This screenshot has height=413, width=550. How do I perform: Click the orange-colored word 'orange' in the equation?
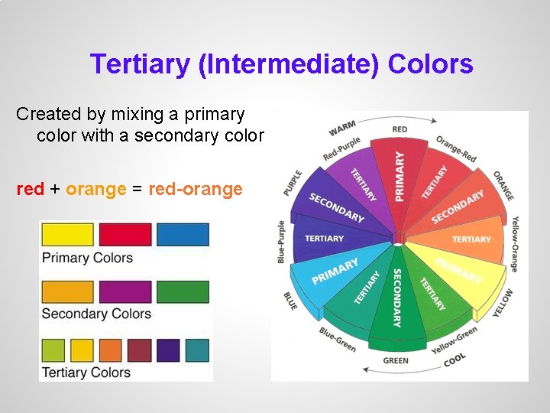pyautogui.click(x=95, y=189)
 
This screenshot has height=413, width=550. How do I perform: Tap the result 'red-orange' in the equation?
pyautogui.click(x=196, y=189)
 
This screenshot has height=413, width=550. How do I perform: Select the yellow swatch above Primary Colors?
pyautogui.click(x=67, y=235)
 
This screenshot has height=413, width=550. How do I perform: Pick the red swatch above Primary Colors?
pyautogui.click(x=125, y=235)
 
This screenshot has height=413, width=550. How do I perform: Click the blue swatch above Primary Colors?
pyautogui.click(x=183, y=235)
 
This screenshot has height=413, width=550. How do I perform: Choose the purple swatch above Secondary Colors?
pyautogui.click(x=125, y=292)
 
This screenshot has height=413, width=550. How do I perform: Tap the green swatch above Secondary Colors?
pyautogui.click(x=183, y=292)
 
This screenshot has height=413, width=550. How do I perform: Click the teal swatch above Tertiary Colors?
pyautogui.click(x=197, y=350)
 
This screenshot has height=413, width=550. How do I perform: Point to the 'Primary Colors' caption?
pyautogui.click(x=87, y=258)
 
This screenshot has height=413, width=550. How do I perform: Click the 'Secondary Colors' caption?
pyautogui.click(x=96, y=314)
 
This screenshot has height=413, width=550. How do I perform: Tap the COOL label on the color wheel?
pyautogui.click(x=455, y=359)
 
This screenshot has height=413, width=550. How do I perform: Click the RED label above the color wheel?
pyautogui.click(x=400, y=129)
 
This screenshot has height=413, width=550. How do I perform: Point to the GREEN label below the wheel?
pyautogui.click(x=396, y=360)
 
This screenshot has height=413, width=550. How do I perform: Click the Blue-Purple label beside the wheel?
pyautogui.click(x=282, y=242)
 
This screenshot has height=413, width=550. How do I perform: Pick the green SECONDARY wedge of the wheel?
pyautogui.click(x=396, y=302)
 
